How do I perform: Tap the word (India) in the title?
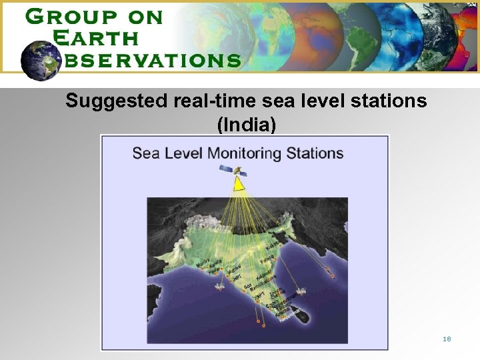[246, 123]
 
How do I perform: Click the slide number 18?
[447, 339]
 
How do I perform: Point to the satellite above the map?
[237, 171]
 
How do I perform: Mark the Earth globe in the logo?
[41, 61]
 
